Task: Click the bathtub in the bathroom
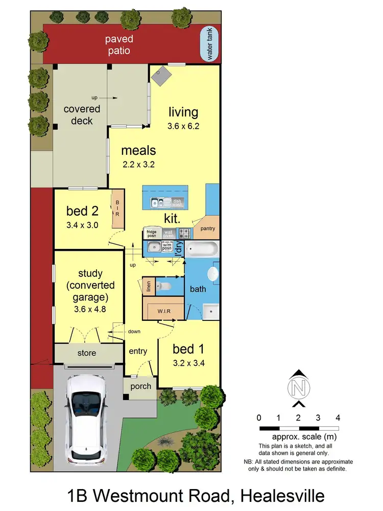(x=202, y=250)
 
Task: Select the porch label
(x=140, y=386)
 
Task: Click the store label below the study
(x=86, y=353)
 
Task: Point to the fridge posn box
(x=152, y=234)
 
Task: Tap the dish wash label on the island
(x=177, y=202)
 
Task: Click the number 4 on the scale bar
(x=338, y=417)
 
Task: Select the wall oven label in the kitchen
(x=169, y=234)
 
